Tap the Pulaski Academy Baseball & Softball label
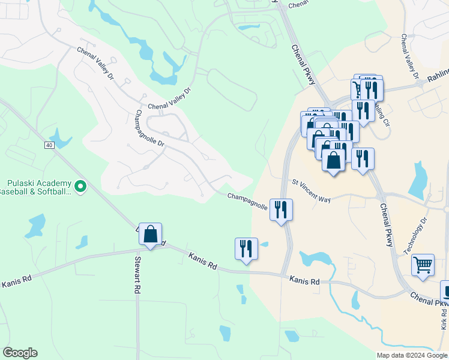[x=38, y=188]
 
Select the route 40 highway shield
[x=49, y=145]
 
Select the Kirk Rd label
[x=444, y=317]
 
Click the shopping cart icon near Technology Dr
[x=423, y=264]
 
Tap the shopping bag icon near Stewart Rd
[x=151, y=234]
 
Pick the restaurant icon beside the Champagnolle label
[x=281, y=209]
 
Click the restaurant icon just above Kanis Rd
[x=246, y=248]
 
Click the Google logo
[x=19, y=353]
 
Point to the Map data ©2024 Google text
[x=412, y=355]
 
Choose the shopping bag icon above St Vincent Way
[x=334, y=160]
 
